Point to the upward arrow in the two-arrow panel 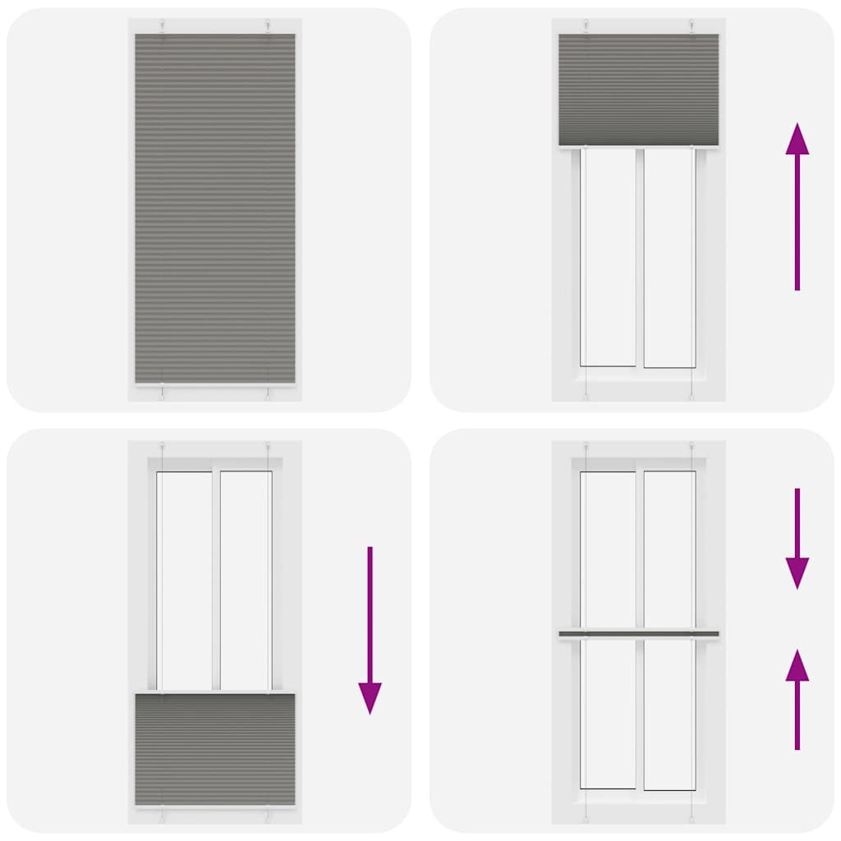797,698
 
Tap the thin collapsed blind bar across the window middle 638,634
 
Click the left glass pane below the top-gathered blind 608,257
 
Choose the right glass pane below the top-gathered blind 669,257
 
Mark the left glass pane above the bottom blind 185,580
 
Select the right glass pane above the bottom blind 245,580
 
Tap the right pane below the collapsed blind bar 669,713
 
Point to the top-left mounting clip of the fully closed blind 163,26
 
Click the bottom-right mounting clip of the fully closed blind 268,393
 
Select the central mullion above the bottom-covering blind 215,580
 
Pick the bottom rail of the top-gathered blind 638,147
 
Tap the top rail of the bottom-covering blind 215,693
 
